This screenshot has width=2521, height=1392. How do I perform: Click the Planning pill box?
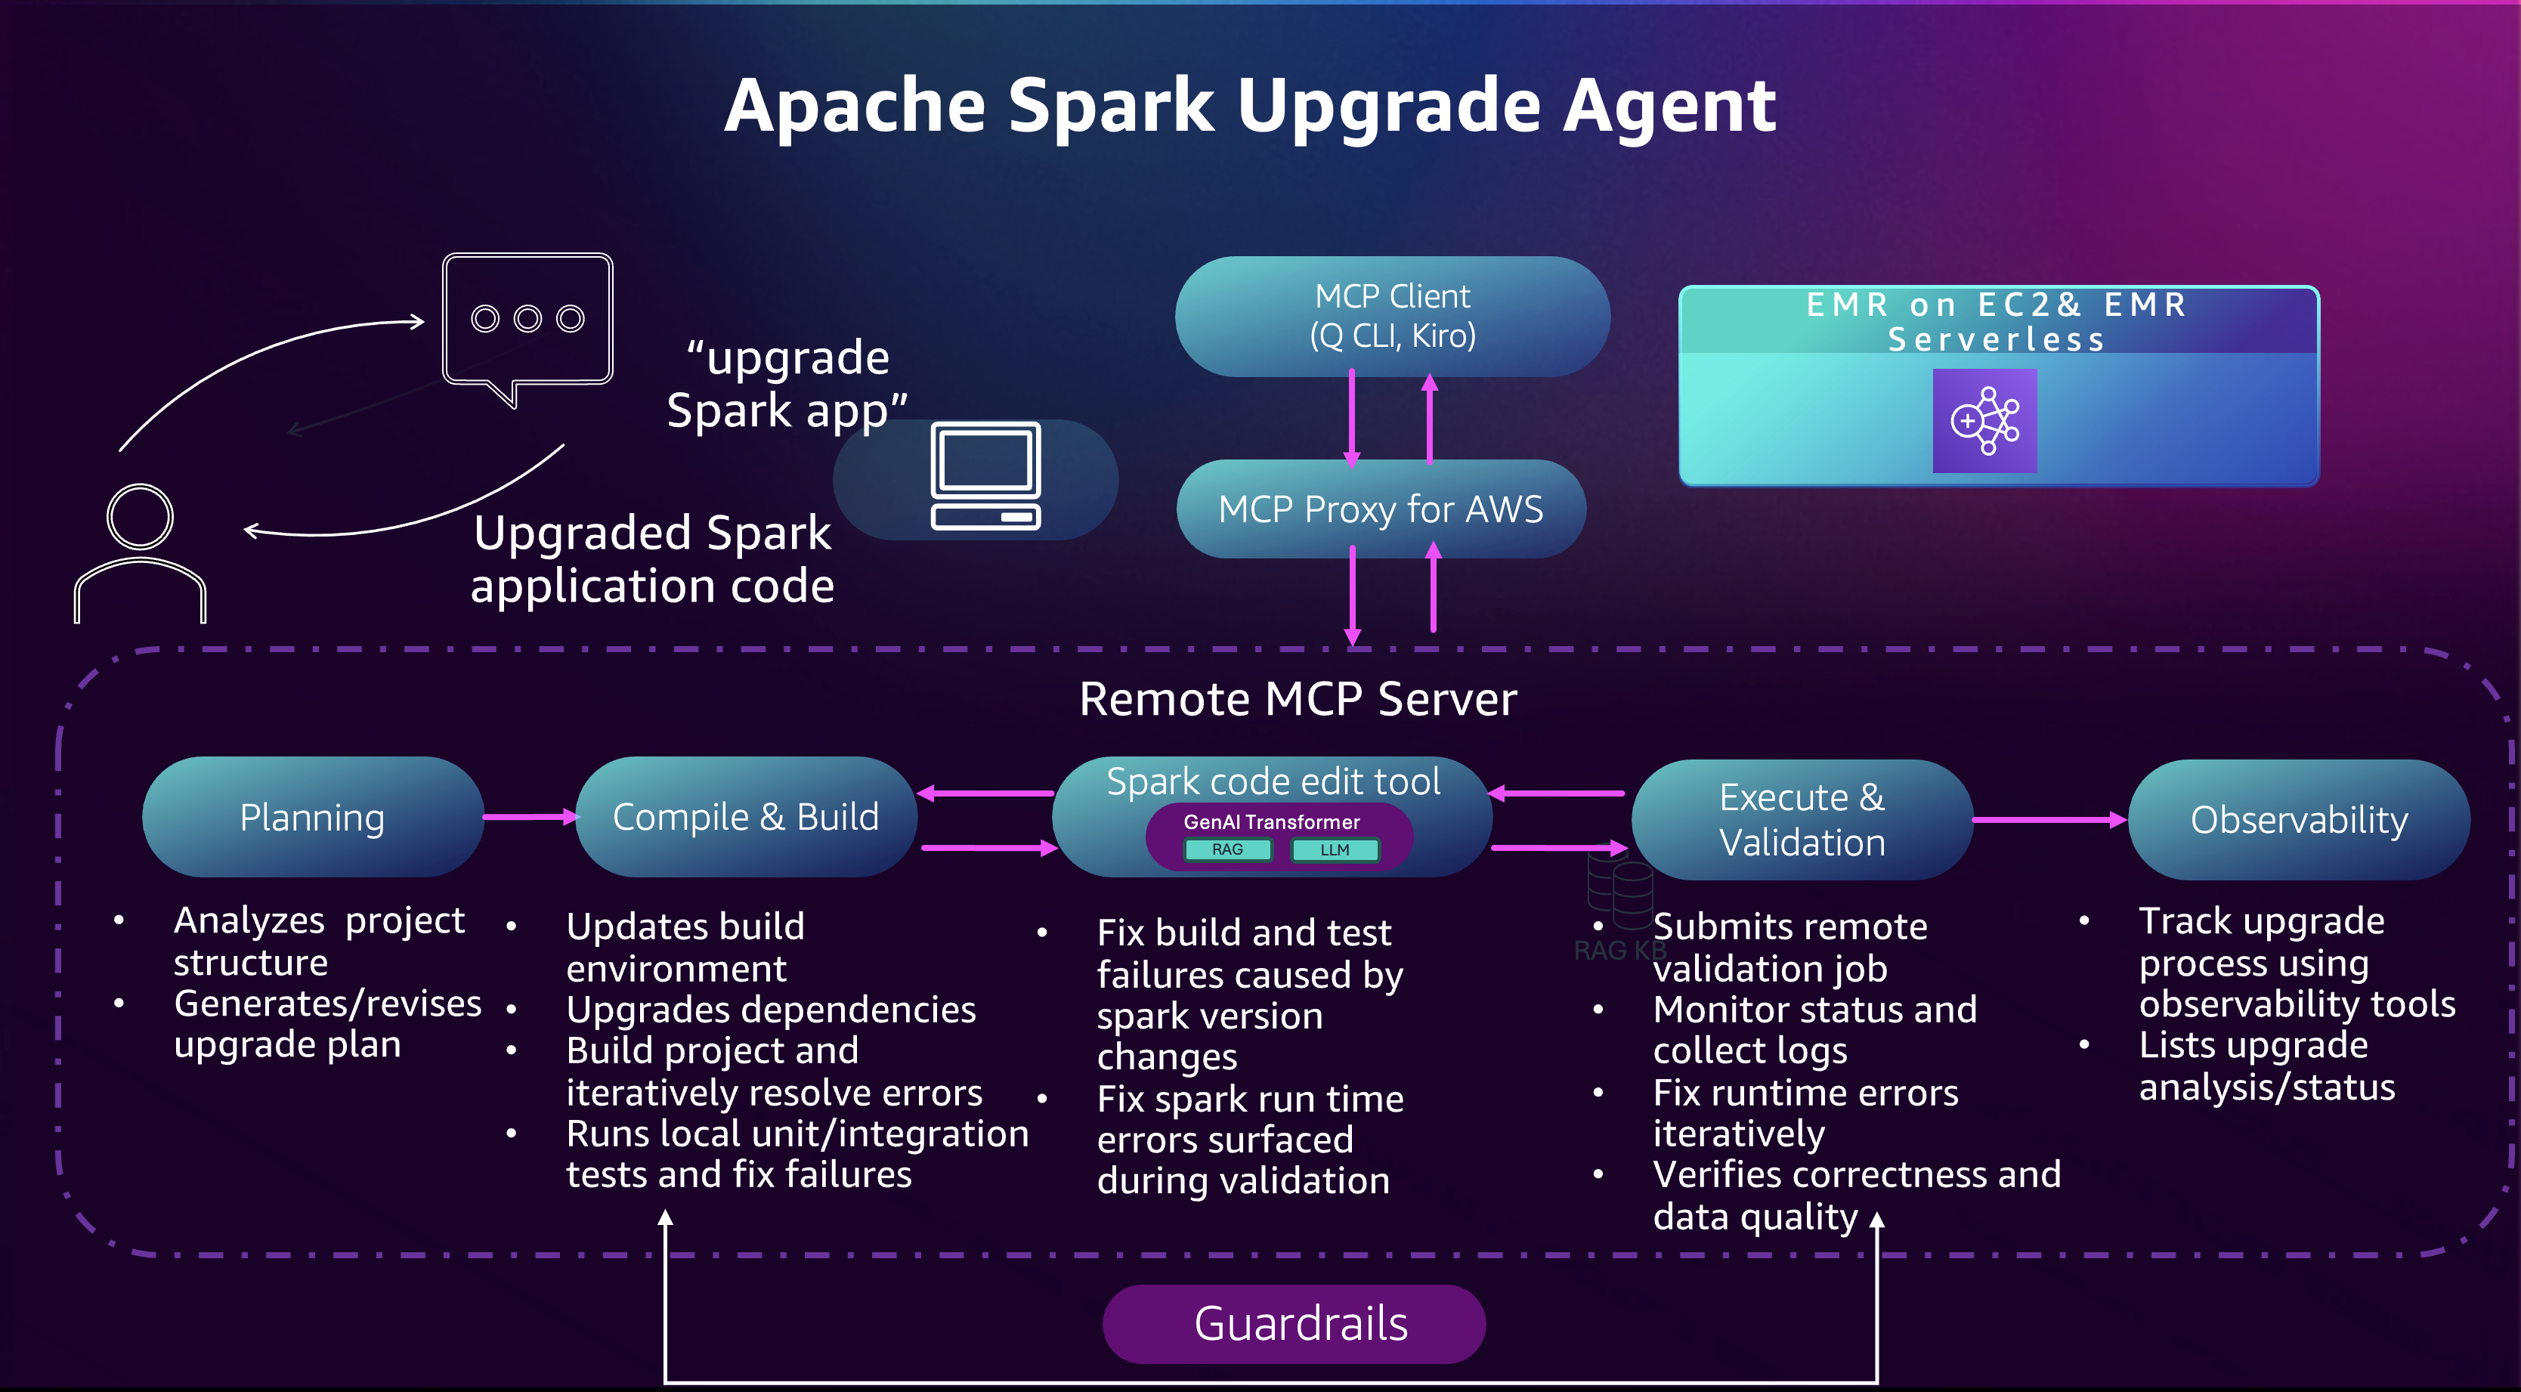tap(312, 816)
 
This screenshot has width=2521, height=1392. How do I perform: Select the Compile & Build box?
tap(745, 816)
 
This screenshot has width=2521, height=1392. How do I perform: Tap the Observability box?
tap(2298, 819)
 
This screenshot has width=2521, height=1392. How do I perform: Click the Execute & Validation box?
tap(1802, 819)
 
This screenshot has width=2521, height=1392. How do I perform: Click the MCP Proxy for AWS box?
tap(1380, 509)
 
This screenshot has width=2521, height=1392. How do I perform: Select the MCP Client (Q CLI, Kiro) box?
tap(1392, 316)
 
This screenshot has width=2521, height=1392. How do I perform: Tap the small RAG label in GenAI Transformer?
tap(1227, 849)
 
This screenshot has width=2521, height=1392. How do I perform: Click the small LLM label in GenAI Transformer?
tap(1334, 849)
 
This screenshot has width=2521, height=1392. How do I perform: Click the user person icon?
tap(140, 553)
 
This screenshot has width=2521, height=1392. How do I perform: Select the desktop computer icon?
tap(985, 477)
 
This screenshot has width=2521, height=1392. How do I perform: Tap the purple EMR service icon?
tap(1984, 421)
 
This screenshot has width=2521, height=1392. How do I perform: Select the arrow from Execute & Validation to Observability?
tap(2048, 819)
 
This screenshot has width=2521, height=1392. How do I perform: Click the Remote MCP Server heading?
tap(1298, 699)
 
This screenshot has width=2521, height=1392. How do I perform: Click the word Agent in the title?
tap(1668, 106)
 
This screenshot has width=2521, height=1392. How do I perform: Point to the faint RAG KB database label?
tap(1619, 949)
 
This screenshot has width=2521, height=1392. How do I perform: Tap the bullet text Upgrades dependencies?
tap(770, 1010)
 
